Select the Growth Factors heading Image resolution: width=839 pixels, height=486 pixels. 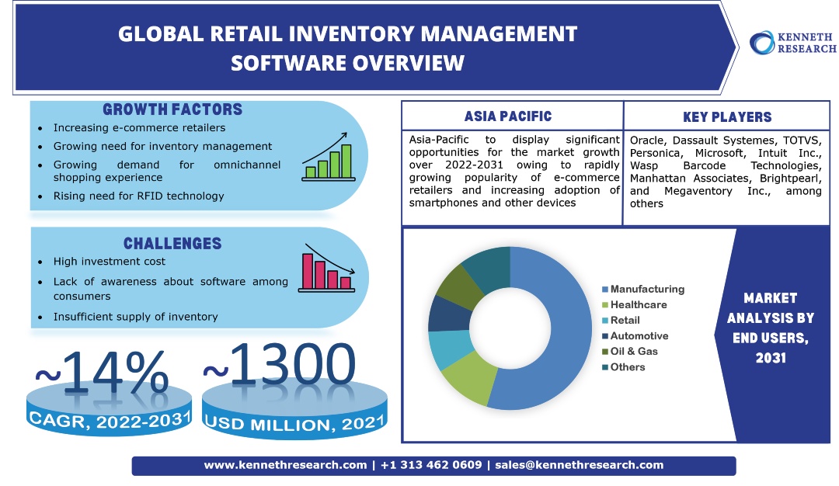172,110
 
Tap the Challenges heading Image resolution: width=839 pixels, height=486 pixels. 172,244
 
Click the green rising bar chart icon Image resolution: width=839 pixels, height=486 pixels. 329,157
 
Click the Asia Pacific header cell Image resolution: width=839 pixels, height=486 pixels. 508,117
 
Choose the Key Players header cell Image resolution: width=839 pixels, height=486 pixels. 727,117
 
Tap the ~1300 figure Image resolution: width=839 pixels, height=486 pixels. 280,365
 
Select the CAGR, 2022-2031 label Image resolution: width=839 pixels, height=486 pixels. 109,420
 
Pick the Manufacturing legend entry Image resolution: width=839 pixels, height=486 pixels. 646,289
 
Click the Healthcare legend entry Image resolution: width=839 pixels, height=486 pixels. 638,305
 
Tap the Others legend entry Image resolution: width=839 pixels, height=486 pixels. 627,367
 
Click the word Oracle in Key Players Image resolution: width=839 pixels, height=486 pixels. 647,141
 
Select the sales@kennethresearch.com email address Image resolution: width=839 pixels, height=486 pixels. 579,465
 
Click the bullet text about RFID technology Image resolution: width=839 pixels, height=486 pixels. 138,196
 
